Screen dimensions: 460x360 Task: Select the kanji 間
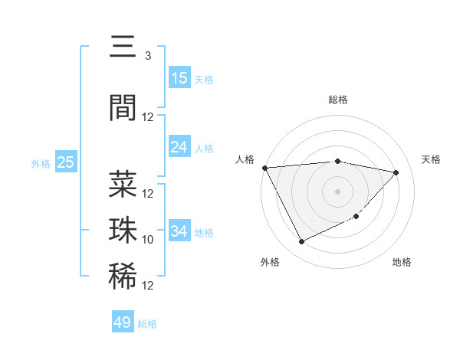click(x=123, y=108)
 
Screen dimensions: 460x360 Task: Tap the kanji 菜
click(x=123, y=185)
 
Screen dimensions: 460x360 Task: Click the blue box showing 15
click(x=179, y=77)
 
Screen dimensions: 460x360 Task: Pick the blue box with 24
click(x=179, y=147)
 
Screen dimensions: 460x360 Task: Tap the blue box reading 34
click(x=179, y=231)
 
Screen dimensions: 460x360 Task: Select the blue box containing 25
click(x=66, y=162)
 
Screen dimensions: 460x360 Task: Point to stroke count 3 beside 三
click(x=148, y=56)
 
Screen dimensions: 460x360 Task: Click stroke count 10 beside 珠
click(x=148, y=240)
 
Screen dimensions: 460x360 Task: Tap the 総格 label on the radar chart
click(x=338, y=100)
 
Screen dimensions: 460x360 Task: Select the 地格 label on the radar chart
click(x=402, y=262)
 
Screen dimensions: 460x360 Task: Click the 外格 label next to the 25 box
click(x=40, y=163)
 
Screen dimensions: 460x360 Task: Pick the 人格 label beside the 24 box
click(x=204, y=149)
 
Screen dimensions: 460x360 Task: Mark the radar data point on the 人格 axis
click(x=264, y=168)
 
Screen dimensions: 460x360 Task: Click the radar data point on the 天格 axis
click(x=396, y=172)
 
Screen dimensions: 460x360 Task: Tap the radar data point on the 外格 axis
click(x=301, y=242)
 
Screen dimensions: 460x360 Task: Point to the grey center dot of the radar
click(x=338, y=191)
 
